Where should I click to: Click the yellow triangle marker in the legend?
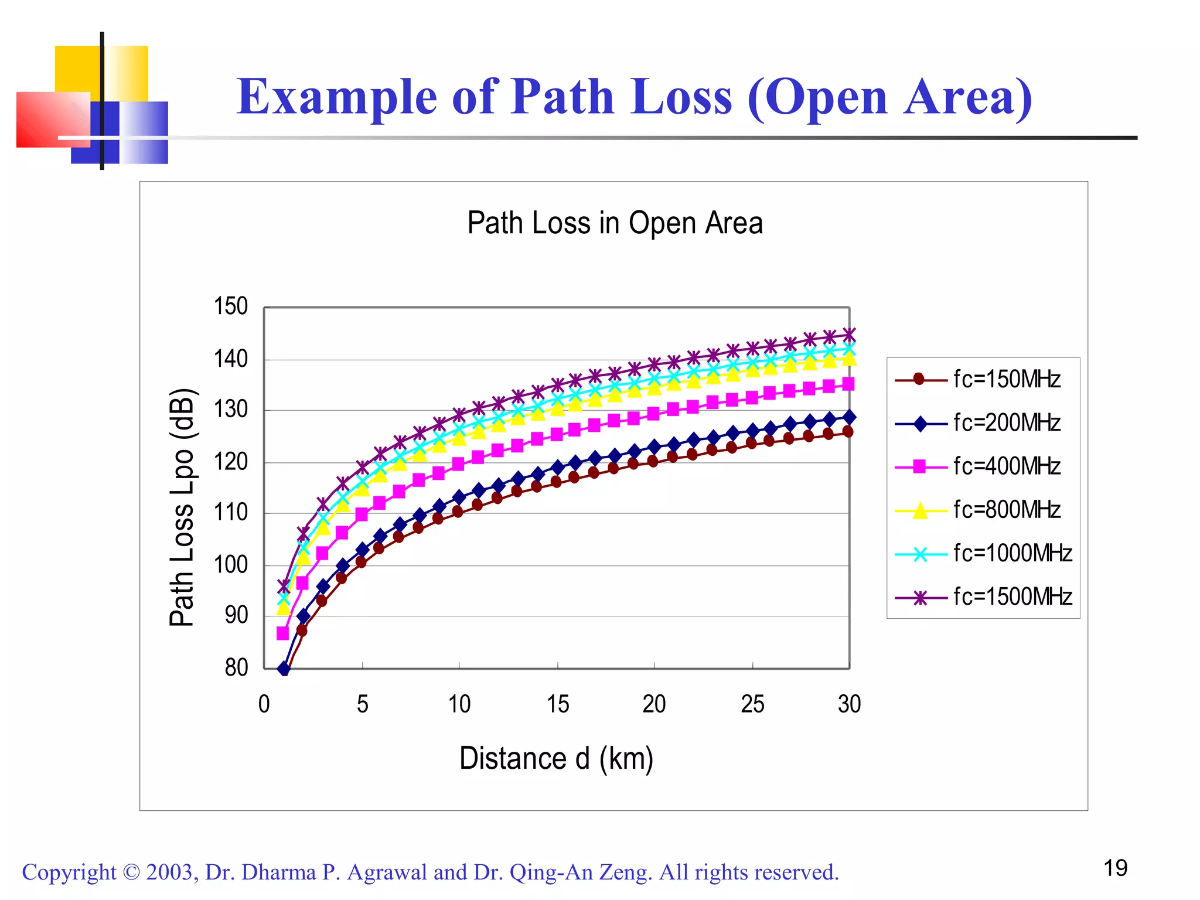[x=920, y=511]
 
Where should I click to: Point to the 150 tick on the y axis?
[x=230, y=306]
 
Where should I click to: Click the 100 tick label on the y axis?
[x=230, y=565]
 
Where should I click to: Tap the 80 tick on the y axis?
[x=236, y=667]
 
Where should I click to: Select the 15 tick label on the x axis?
[x=557, y=704]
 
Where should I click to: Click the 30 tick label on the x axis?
[x=849, y=704]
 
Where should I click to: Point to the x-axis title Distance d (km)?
[x=556, y=758]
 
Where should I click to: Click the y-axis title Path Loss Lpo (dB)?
[x=182, y=507]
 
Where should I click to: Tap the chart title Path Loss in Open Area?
[x=615, y=223]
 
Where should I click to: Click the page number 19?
[x=1115, y=868]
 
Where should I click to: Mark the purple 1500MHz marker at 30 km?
[x=849, y=335]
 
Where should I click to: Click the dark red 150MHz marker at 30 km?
[x=847, y=432]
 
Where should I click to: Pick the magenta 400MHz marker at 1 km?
[x=282, y=633]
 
